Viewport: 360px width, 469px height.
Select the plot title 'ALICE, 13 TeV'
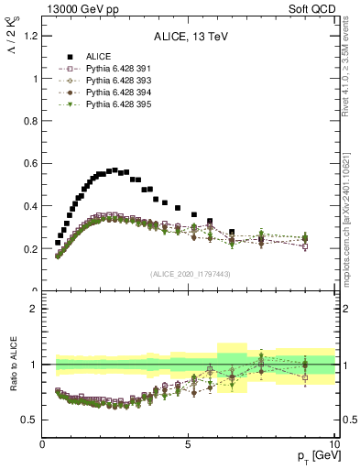189,38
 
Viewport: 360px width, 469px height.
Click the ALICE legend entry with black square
97,57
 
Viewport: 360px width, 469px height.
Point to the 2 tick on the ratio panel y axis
35,309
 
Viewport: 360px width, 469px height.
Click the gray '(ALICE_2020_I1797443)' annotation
189,274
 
